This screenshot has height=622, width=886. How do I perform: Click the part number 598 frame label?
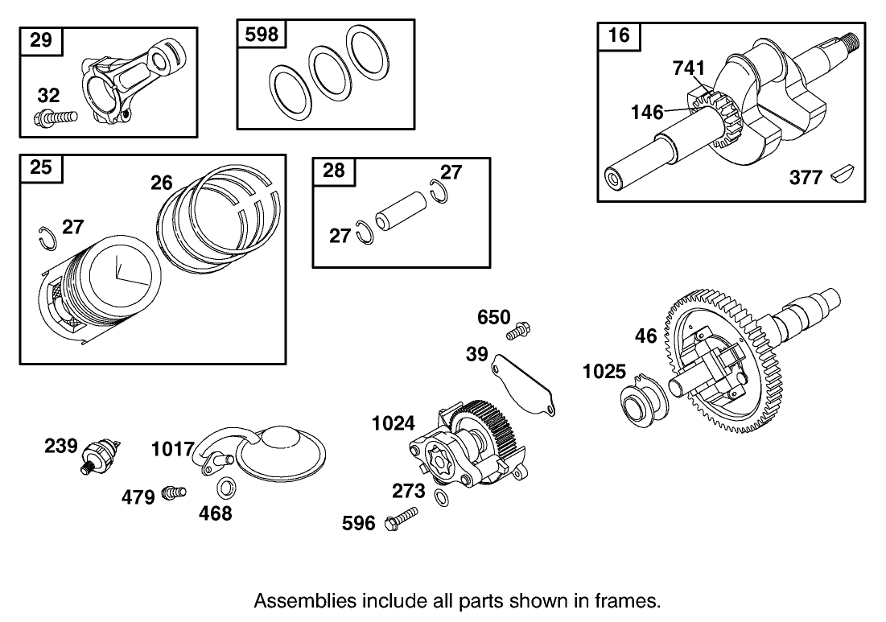261,35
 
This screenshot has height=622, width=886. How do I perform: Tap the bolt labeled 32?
56,118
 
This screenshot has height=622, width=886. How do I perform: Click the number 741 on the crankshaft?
688,69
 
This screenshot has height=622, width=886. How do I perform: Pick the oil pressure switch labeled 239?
102,454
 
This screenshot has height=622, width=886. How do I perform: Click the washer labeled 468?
226,488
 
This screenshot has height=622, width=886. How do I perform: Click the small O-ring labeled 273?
441,498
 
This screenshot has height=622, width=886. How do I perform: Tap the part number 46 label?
646,336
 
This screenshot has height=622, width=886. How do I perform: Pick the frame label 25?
40,167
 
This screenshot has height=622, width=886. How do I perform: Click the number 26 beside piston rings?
162,183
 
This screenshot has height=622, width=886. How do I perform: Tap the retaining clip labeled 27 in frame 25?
47,235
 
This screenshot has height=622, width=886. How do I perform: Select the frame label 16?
619,35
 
